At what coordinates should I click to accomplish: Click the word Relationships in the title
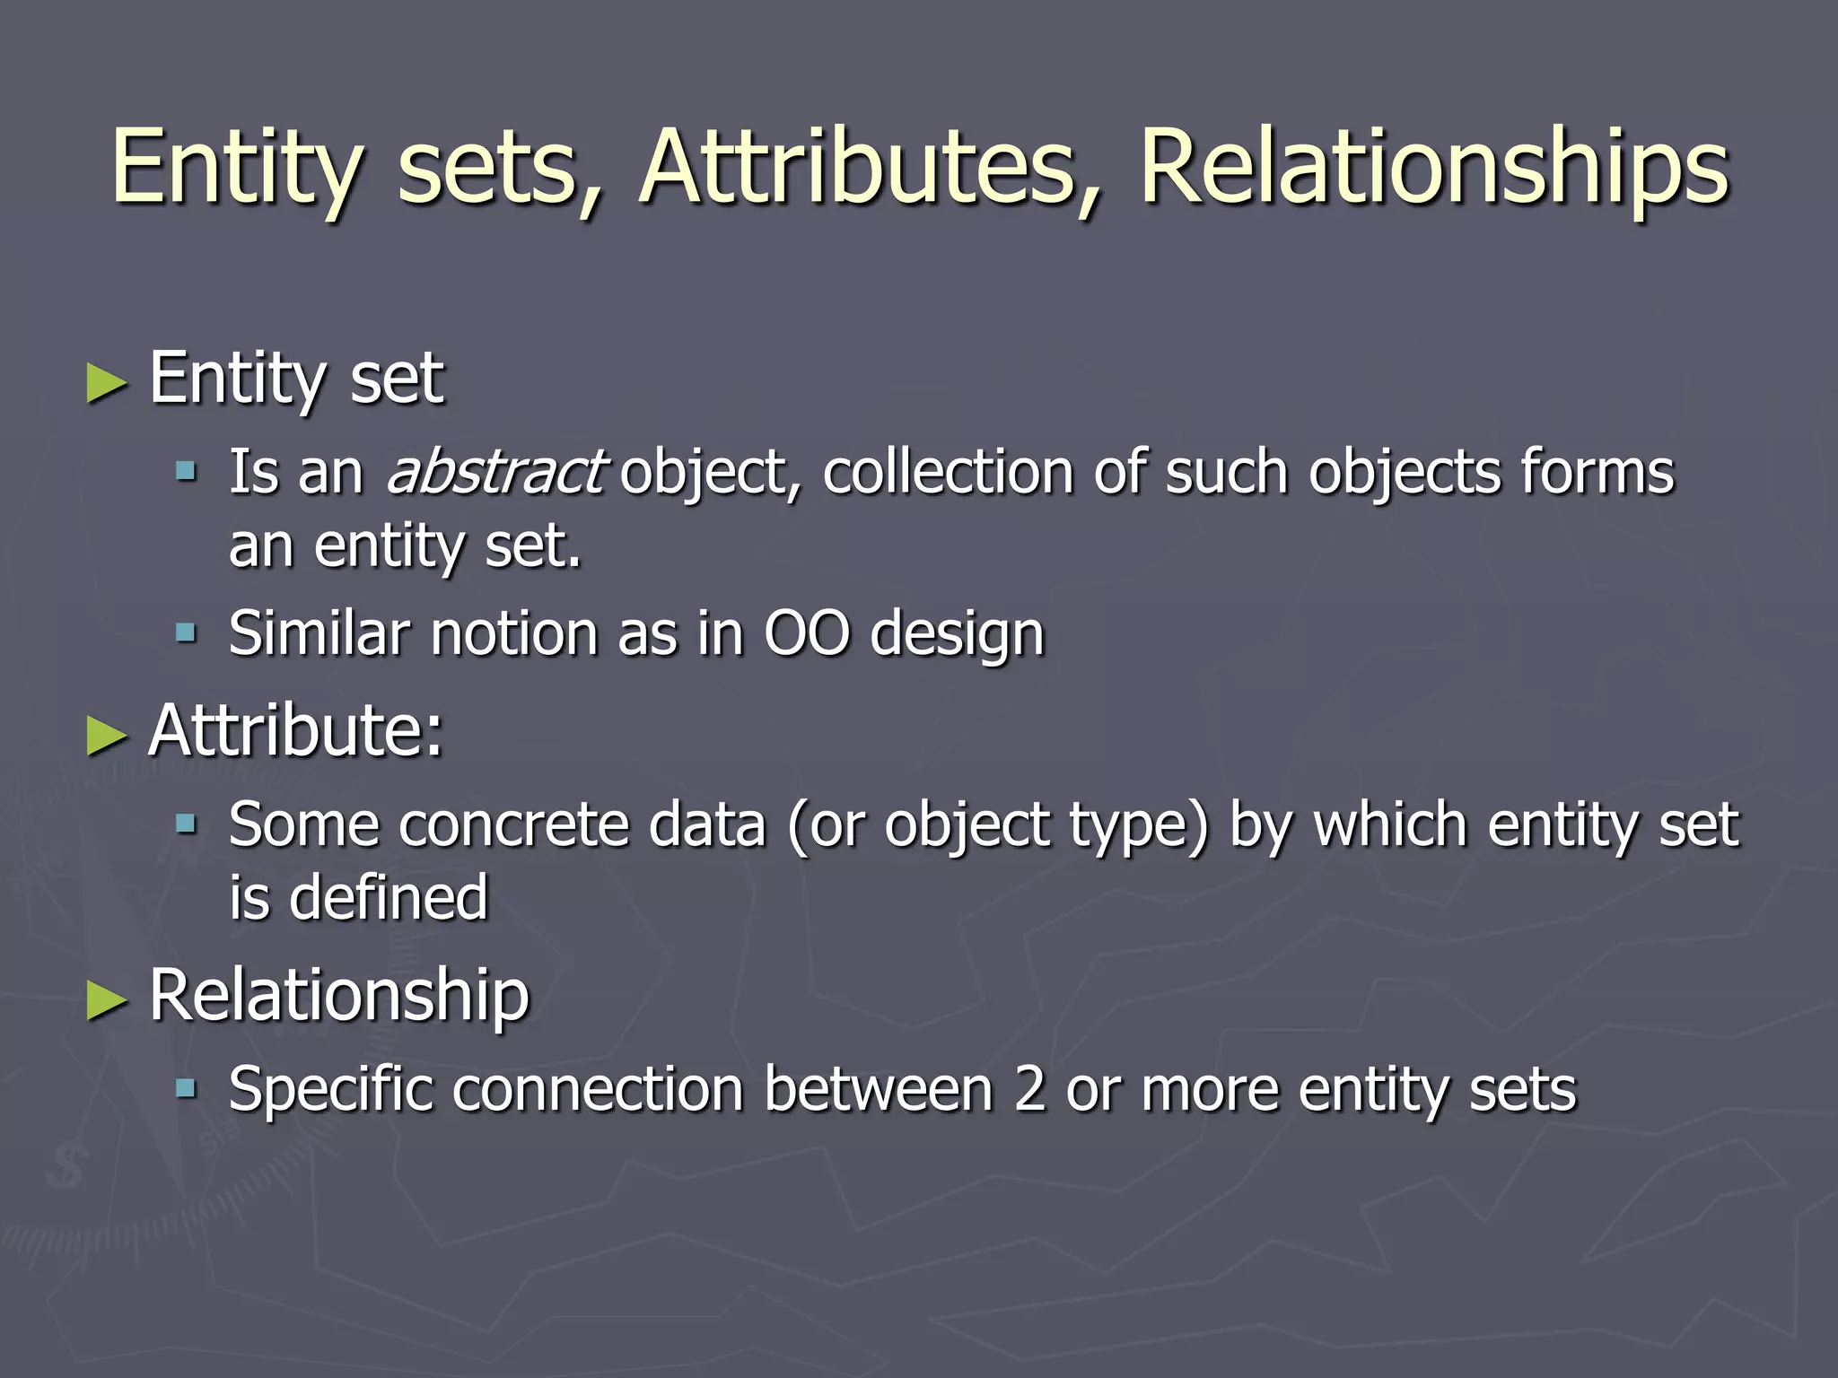[1433, 168]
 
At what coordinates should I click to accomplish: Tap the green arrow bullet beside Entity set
[107, 383]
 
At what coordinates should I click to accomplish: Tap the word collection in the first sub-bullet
[948, 472]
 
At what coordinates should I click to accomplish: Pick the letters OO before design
[806, 633]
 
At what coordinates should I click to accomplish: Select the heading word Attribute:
[296, 730]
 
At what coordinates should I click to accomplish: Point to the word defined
[389, 897]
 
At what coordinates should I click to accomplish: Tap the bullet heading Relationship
[339, 995]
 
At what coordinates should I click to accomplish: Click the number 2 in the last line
[1029, 1090]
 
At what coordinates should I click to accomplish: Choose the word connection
[599, 1090]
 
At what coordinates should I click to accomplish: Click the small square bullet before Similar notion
[186, 634]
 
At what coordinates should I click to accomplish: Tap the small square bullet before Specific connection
[186, 1089]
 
